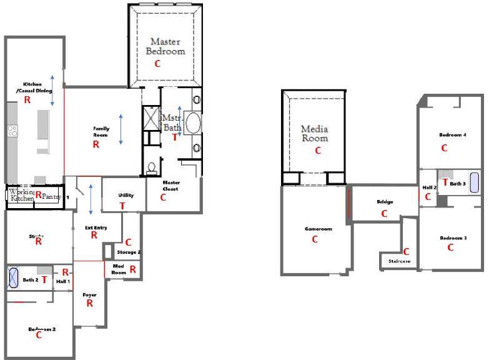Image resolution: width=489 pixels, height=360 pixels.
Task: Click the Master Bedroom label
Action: [165, 46]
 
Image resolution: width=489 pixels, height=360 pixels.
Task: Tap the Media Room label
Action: [315, 133]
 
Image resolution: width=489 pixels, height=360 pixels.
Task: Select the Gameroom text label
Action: [318, 229]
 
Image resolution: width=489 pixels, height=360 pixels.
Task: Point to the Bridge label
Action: [385, 202]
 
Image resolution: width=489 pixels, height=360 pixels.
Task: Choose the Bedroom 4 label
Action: [452, 134]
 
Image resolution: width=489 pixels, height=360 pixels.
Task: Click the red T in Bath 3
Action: [445, 182]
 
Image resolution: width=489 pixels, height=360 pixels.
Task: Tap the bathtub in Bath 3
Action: [475, 183]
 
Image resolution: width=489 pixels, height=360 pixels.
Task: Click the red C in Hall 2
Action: [428, 196]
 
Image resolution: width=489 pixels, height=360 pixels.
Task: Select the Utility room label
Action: [126, 196]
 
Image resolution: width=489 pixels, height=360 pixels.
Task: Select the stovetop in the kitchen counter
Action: [12, 131]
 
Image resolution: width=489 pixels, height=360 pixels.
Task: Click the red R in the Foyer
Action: [89, 303]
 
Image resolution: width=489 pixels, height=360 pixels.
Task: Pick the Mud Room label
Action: [119, 269]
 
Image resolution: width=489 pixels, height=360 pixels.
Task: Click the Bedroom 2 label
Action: [42, 329]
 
